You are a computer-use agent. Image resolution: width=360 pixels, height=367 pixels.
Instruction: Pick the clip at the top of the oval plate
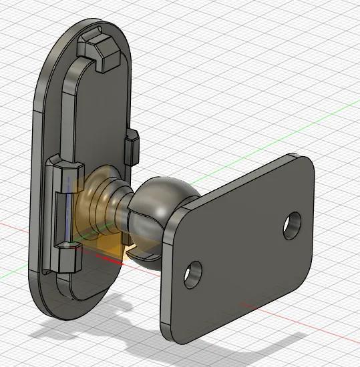[100, 50]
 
